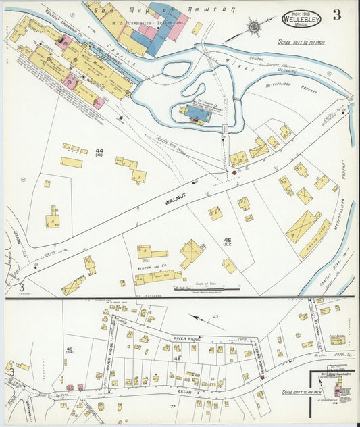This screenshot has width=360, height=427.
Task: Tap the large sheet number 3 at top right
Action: coord(336,14)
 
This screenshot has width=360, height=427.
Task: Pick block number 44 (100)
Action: coord(99,153)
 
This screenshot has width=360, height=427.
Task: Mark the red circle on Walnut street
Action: coord(234,174)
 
